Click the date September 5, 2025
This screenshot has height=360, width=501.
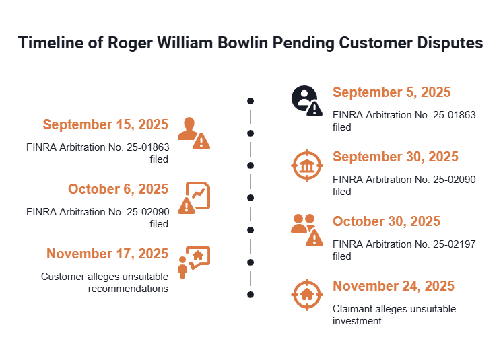(391, 92)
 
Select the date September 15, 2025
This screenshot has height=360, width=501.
(106, 124)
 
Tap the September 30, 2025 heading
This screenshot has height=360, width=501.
(395, 157)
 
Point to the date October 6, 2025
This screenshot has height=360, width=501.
(118, 189)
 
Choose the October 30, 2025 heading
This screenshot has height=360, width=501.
(387, 221)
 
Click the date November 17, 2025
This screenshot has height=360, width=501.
(107, 254)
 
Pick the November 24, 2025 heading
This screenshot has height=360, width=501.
(393, 286)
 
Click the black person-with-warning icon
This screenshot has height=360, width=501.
(307, 101)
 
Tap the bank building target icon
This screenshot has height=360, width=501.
(307, 166)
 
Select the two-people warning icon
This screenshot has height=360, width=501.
(307, 230)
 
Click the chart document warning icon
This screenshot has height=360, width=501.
(194, 198)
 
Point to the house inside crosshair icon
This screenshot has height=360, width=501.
(307, 295)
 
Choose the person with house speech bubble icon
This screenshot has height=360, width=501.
(194, 262)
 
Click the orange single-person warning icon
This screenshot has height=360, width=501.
(194, 133)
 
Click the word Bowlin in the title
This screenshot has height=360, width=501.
(242, 43)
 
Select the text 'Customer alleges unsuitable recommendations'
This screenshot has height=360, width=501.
(104, 283)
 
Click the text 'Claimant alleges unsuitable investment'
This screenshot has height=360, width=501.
(394, 315)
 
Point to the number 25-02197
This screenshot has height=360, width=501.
(454, 244)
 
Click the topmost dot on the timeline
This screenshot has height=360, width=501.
(250, 101)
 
